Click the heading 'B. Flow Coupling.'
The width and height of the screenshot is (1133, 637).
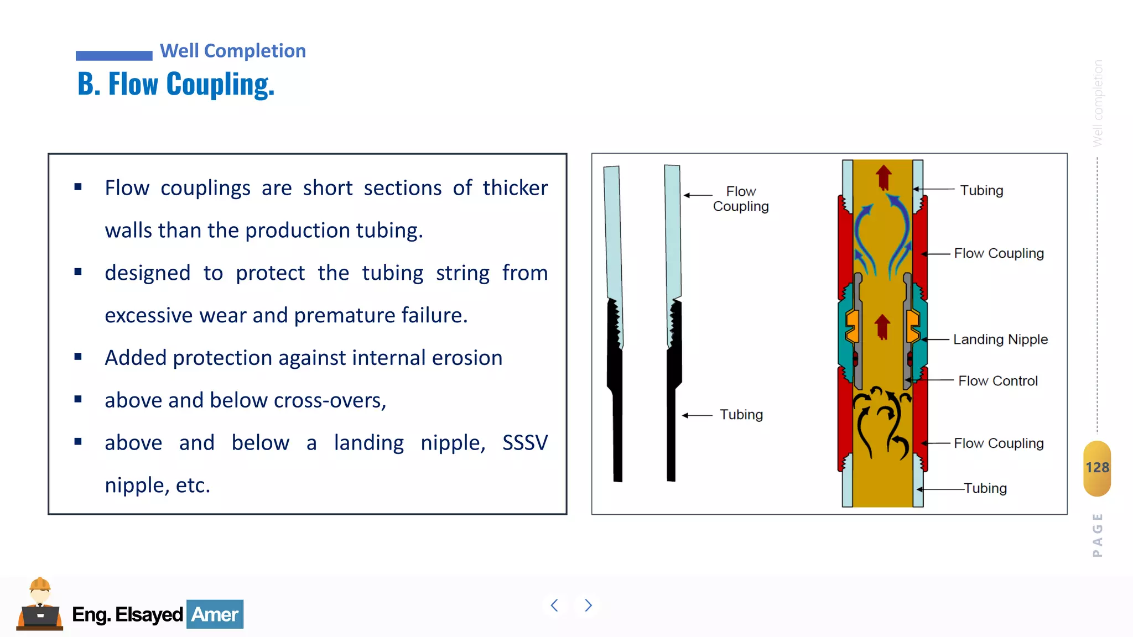176,85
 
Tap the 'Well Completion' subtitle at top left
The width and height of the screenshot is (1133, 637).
232,51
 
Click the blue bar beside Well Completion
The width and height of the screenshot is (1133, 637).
114,55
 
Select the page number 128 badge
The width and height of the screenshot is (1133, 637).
1097,468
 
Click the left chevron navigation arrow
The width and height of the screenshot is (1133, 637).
554,605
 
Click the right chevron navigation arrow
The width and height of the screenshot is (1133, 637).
588,605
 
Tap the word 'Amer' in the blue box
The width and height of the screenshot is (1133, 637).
215,614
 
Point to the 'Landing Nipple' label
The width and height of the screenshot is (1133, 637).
1000,339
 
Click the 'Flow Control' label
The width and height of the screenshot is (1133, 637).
998,381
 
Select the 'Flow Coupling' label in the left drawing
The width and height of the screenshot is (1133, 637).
741,199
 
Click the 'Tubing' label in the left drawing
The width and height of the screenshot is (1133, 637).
741,415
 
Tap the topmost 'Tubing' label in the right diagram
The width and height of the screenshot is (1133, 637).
981,190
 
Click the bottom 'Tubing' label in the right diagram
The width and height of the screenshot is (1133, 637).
985,488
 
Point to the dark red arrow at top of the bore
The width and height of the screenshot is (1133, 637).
883,177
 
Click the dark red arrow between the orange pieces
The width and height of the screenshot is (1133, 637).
882,326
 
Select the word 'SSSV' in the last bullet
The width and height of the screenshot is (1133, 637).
524,443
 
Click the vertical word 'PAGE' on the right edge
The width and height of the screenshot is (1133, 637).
1098,535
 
